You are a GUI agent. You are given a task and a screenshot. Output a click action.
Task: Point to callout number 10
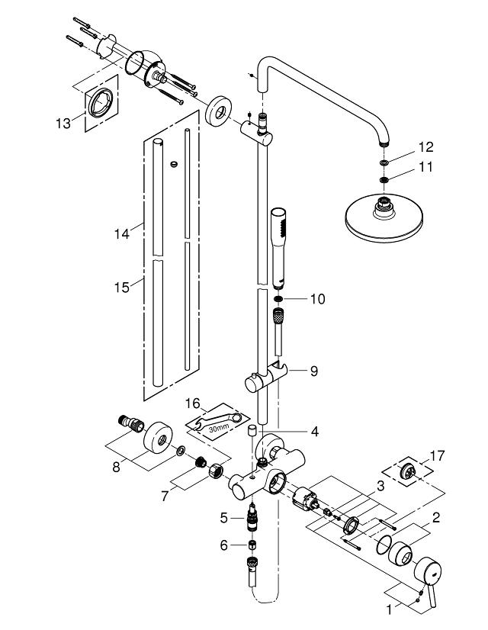click(x=317, y=299)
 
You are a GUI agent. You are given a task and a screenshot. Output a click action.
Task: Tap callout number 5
click(x=223, y=518)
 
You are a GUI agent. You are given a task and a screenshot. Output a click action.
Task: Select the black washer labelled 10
click(x=279, y=299)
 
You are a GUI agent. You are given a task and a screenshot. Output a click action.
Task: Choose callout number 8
click(x=116, y=464)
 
